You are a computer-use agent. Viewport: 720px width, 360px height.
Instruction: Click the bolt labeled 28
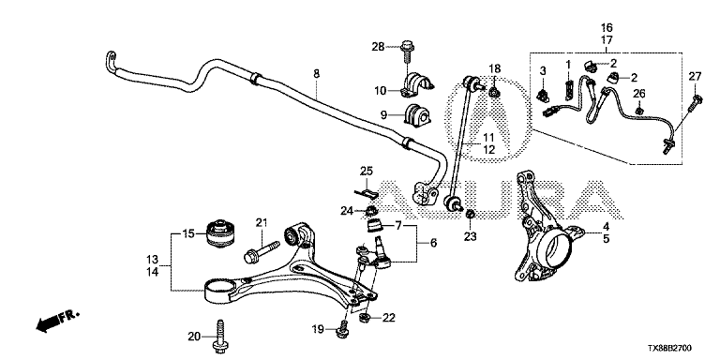[407, 52]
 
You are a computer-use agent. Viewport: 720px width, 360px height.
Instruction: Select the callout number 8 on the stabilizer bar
[316, 73]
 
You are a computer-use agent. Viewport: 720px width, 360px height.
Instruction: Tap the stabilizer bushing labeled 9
[417, 114]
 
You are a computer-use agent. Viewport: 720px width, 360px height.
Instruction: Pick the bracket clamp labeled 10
[418, 84]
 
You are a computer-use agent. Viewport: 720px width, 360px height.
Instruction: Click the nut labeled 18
[495, 93]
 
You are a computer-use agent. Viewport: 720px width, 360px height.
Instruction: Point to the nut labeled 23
[470, 214]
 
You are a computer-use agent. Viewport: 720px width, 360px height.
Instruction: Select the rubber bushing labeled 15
[223, 232]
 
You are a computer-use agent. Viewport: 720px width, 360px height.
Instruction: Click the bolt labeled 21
[262, 251]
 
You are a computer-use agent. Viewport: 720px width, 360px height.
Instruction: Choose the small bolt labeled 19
[343, 330]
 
